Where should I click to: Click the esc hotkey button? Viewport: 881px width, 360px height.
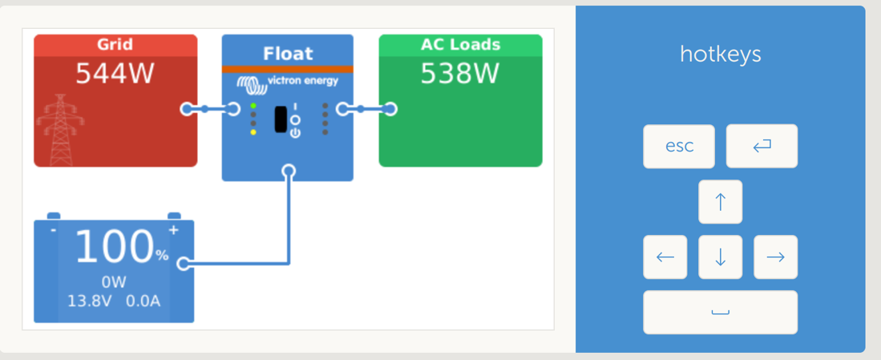tap(678, 146)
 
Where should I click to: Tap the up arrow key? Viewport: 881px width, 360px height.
tap(720, 201)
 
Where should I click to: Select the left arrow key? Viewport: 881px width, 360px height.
tap(665, 257)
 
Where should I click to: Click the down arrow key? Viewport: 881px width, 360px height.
tap(720, 257)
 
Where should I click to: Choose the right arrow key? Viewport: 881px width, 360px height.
tap(775, 257)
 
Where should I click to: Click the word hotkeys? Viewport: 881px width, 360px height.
tap(720, 55)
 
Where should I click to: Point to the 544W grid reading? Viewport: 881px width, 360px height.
tap(115, 74)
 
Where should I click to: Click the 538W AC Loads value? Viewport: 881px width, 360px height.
tap(460, 74)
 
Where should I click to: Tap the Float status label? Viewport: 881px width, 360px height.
tap(287, 54)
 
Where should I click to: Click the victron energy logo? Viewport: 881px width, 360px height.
tap(287, 82)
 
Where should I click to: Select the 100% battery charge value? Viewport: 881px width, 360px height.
tap(121, 246)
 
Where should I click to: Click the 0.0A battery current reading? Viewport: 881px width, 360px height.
tap(144, 301)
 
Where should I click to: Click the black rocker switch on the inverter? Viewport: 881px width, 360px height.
tap(281, 119)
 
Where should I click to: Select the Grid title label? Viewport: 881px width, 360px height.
tap(115, 44)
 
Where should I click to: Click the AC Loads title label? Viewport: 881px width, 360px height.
tap(460, 44)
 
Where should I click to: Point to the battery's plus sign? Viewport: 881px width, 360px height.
tap(173, 230)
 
